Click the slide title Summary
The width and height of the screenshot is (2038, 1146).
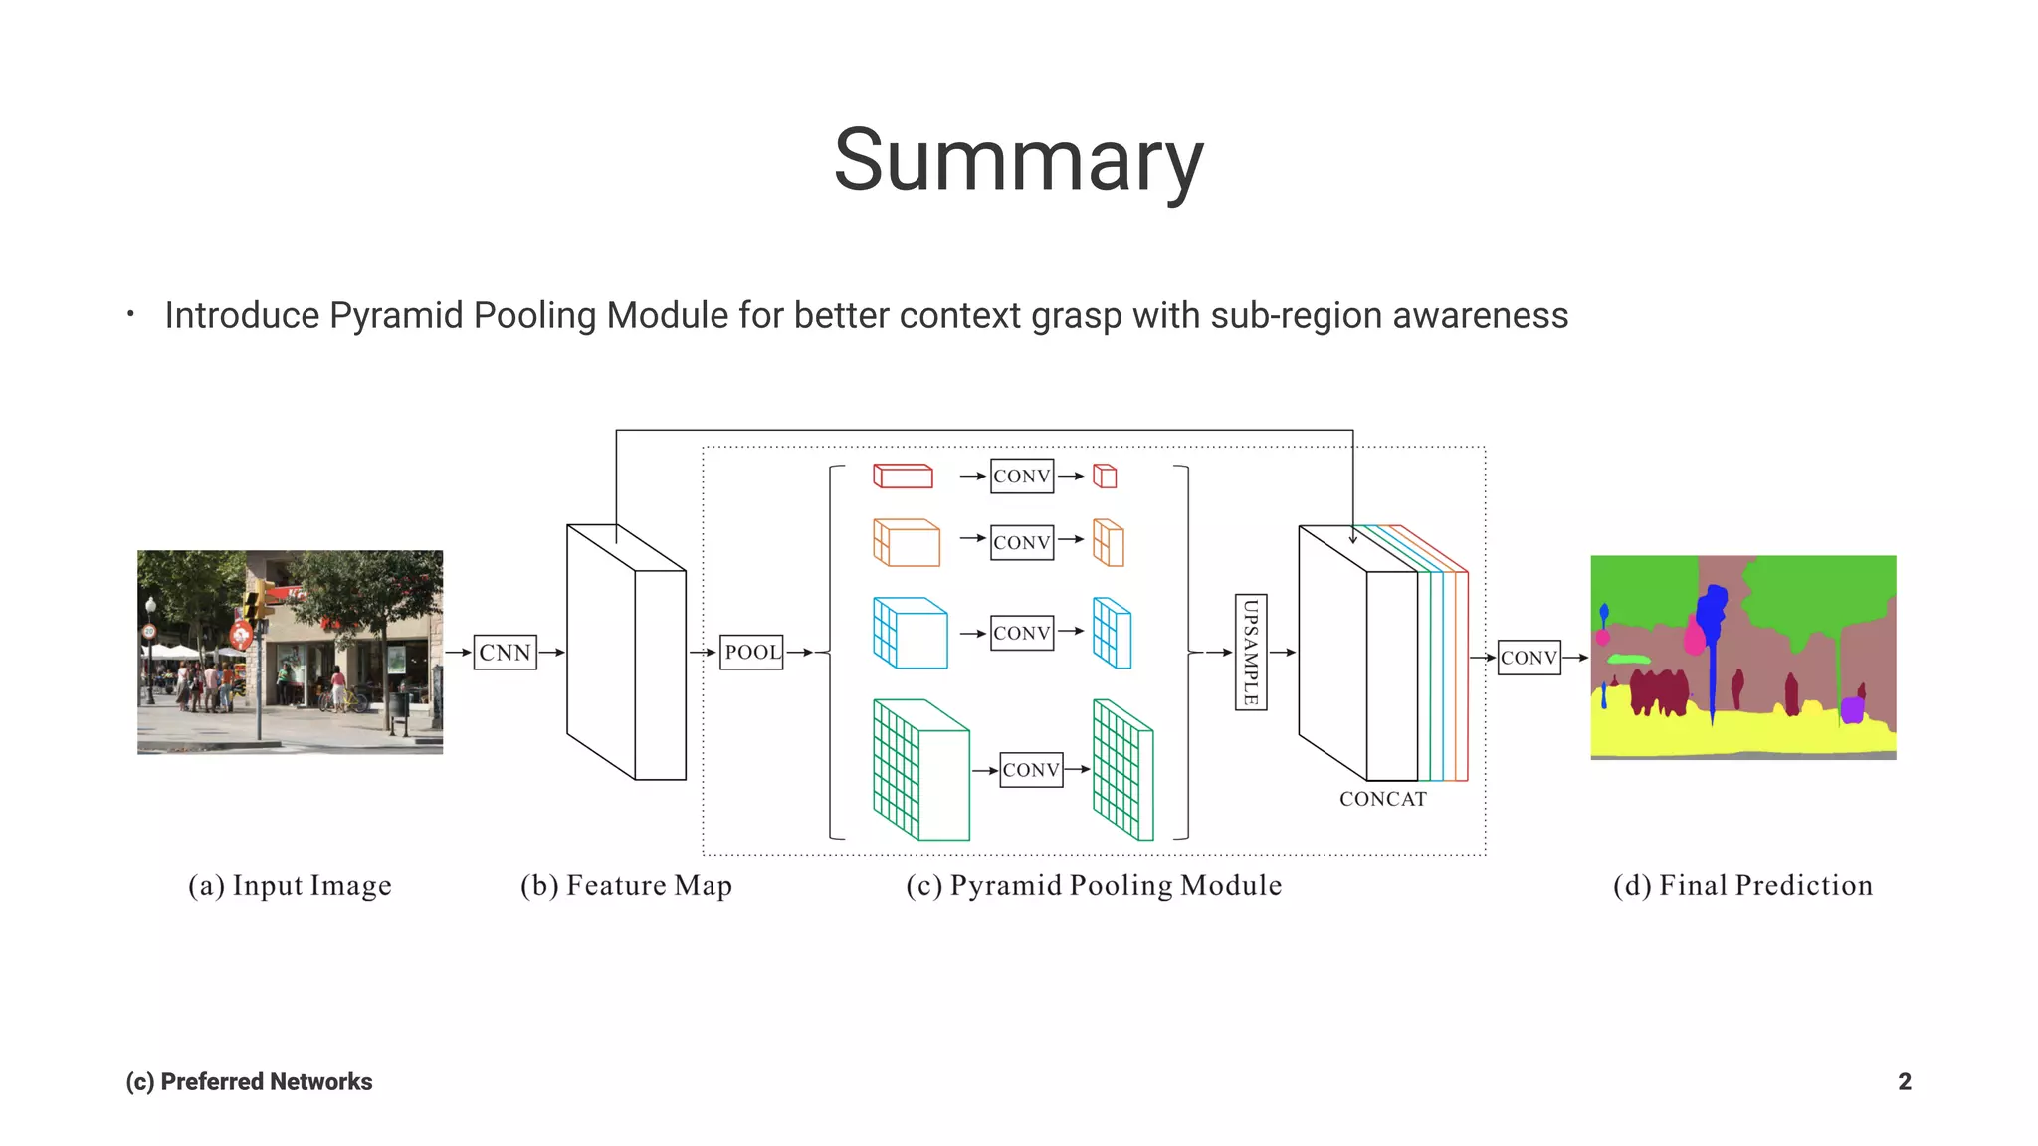[1018, 161]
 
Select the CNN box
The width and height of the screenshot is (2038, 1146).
[505, 653]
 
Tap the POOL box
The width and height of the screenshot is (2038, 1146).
[751, 653]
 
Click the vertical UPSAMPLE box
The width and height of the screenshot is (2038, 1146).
[1251, 652]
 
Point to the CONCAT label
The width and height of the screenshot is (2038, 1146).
[1382, 799]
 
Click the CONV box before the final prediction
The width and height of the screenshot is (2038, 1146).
[1528, 658]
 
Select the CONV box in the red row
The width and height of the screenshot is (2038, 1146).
[1022, 477]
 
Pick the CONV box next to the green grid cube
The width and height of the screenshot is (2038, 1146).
[1031, 770]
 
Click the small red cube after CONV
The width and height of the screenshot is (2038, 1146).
[1105, 477]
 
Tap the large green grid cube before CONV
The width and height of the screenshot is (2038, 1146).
[919, 771]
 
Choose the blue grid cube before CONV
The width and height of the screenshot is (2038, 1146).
[910, 633]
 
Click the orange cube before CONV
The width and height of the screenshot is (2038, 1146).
[906, 543]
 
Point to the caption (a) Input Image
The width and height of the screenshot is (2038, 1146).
[290, 885]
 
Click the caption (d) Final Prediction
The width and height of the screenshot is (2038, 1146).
[1742, 885]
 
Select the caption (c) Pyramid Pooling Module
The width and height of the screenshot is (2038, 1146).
[1094, 885]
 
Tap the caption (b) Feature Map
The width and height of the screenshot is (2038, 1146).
[626, 885]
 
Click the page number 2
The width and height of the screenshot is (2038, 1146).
[1904, 1081]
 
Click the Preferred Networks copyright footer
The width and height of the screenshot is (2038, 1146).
[249, 1081]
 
